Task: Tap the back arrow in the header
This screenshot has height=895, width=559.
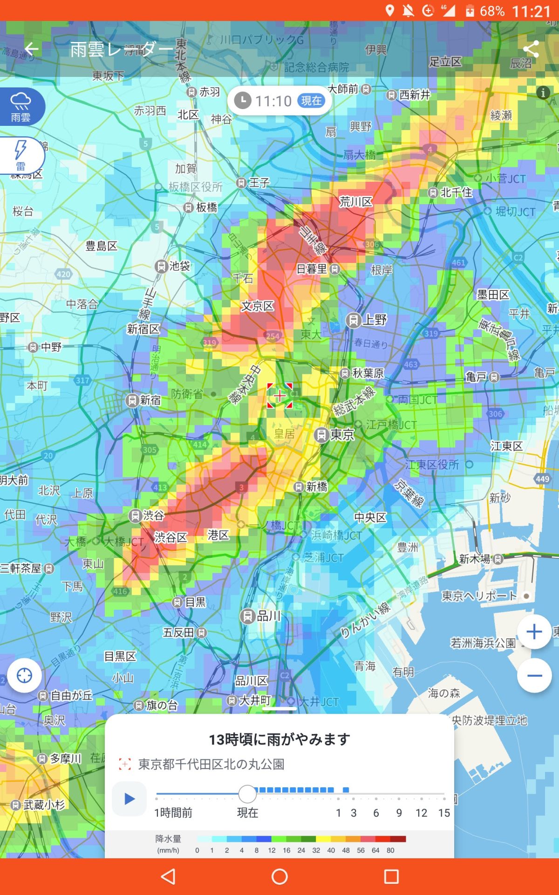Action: point(32,48)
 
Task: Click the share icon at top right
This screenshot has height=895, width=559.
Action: point(531,49)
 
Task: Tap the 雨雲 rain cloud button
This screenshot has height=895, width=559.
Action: point(21,107)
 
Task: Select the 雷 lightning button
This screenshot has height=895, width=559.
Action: point(21,155)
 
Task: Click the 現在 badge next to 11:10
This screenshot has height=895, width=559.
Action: point(311,101)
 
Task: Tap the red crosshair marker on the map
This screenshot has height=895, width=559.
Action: point(279,396)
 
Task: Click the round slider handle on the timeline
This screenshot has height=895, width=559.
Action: point(247,794)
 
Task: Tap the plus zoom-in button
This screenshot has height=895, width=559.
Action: point(534,632)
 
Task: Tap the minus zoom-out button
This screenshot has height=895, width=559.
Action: point(534,675)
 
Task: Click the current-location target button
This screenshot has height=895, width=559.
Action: point(24,675)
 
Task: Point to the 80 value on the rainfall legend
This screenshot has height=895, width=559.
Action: point(390,850)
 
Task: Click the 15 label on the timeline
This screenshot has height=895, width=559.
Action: point(444,813)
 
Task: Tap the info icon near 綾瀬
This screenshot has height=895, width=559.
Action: point(543,93)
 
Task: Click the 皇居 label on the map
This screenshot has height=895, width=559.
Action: point(284,434)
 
